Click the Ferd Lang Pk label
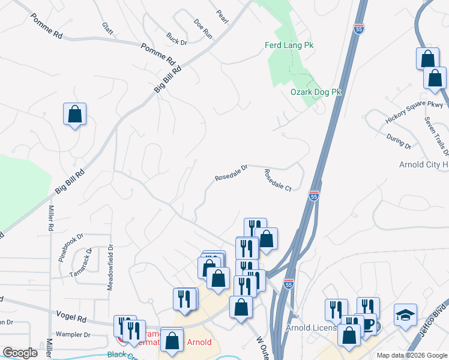pyautogui.click(x=289, y=46)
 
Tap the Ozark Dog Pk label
pyautogui.click(x=316, y=92)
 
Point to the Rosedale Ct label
pyautogui.click(x=277, y=180)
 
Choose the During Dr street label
pyautogui.click(x=399, y=142)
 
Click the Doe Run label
pyautogui.click(x=203, y=28)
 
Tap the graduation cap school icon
pyautogui.click(x=405, y=314)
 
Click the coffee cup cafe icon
pyautogui.click(x=369, y=325)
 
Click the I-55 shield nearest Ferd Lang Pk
pyautogui.click(x=358, y=28)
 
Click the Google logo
pyautogui.click(x=20, y=353)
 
